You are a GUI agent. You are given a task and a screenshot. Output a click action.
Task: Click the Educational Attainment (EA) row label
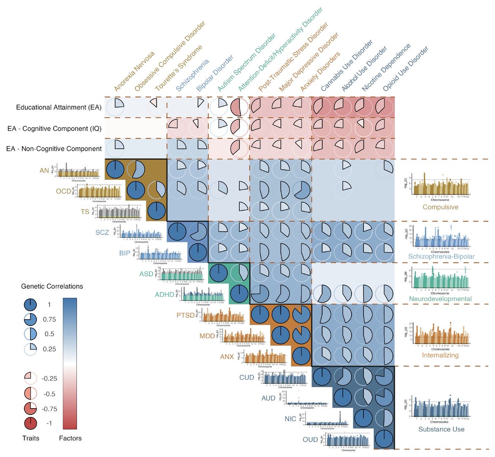59,107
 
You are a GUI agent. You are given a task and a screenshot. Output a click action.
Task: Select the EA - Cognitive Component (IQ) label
54,129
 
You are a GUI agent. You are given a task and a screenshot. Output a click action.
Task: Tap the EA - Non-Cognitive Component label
54,149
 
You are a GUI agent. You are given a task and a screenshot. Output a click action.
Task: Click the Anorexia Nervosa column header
134,71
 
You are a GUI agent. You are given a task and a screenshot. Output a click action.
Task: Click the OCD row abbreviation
64,191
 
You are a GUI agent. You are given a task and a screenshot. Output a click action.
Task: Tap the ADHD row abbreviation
165,295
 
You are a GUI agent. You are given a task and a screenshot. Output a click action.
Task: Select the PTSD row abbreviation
185,316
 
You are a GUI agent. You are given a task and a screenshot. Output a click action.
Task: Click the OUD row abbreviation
310,440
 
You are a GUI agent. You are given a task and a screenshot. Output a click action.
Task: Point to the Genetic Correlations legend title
52,286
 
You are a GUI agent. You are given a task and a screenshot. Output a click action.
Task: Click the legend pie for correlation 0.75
31,319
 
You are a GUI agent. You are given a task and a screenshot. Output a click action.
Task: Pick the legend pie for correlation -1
31,424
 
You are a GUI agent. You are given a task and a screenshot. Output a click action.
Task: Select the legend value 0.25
49,349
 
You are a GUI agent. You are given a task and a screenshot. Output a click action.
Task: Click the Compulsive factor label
440,207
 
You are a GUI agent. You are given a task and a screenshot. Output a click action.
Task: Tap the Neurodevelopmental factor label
440,299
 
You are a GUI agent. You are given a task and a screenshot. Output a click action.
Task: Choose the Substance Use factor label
441,429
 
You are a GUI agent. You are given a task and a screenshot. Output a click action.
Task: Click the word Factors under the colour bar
70,438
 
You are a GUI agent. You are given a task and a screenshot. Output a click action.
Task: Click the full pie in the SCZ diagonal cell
177,232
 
